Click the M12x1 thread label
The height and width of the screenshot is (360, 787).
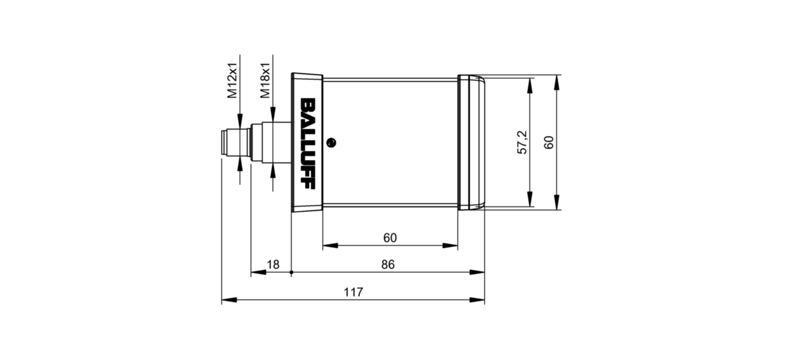[x=232, y=81]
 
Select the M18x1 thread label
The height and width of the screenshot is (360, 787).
[x=265, y=81]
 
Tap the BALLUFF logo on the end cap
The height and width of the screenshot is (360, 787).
[x=307, y=143]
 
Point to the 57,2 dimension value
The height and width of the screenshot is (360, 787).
[x=522, y=142]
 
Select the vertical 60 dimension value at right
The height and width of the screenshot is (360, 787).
[x=549, y=142]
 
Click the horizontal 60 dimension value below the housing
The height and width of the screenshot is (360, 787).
[x=390, y=238]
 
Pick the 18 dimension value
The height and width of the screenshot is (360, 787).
[x=273, y=265]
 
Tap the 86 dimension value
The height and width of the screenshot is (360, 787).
[x=388, y=265]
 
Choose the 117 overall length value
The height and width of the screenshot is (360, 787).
[x=353, y=292]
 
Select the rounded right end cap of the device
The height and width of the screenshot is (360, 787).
[x=471, y=142]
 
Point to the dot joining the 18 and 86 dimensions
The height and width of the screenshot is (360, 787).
[x=291, y=273]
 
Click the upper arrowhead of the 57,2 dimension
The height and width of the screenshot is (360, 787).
[x=530, y=85]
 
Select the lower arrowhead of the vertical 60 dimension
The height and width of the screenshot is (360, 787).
[x=557, y=201]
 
